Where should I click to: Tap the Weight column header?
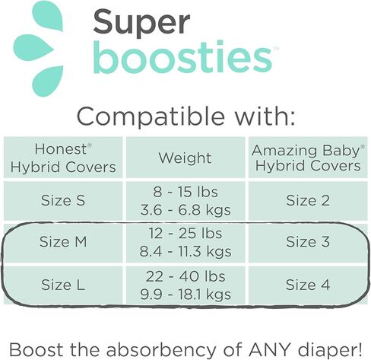185,158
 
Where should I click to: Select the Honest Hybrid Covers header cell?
64,158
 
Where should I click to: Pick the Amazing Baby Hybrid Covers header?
306,158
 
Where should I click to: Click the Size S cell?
64,201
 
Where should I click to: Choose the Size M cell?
64,243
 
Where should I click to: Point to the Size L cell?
64,285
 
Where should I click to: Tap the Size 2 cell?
306,201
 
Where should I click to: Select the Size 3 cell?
306,243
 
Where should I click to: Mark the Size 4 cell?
306,285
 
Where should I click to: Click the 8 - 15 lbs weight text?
185,193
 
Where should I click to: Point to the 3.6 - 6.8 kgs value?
185,210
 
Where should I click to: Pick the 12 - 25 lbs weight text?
185,234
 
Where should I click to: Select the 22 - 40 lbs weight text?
185,277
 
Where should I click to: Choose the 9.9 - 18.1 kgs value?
185,295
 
